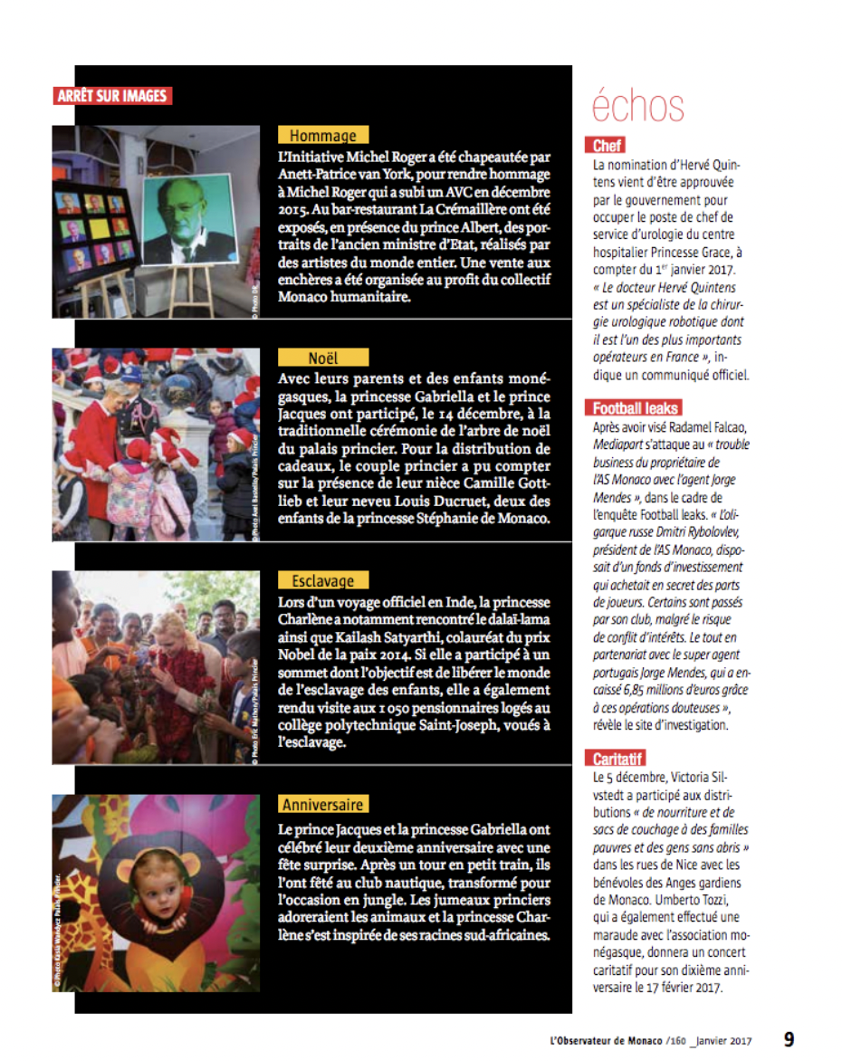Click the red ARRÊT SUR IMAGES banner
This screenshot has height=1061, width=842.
pos(112,95)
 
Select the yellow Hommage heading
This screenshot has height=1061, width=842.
pos(322,136)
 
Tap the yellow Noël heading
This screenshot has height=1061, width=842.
pos(322,358)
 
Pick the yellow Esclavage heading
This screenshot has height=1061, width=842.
pos(322,581)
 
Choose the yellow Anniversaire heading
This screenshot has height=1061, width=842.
pos(322,805)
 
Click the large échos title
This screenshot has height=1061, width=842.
pos(638,106)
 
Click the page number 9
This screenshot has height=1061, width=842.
pos(789,1040)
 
